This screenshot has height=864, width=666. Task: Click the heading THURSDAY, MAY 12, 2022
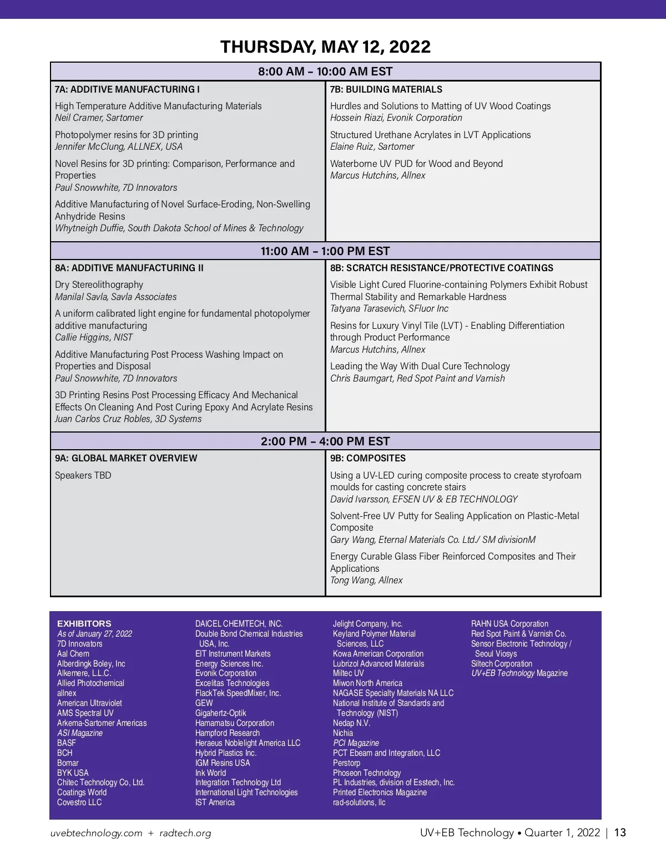coord(325,47)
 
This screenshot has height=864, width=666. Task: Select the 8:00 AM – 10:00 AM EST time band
coord(325,72)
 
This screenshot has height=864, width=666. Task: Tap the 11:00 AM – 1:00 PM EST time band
coord(325,251)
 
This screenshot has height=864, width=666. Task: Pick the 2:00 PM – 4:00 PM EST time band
coord(325,441)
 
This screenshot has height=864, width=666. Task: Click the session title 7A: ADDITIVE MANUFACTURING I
coord(127,89)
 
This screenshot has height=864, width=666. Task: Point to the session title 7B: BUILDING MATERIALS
coord(386,89)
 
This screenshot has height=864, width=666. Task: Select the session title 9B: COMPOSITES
coord(368,458)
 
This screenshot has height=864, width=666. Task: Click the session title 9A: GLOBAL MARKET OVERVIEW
coord(126,458)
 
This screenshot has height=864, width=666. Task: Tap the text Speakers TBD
coord(83,475)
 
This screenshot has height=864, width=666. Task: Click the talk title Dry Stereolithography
coord(99,284)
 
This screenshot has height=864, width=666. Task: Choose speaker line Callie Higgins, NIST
coord(94,337)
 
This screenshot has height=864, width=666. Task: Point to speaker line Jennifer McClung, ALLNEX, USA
coord(119,146)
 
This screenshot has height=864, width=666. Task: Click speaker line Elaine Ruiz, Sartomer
coord(372,146)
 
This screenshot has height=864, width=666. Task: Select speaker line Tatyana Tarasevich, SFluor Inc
coord(389,308)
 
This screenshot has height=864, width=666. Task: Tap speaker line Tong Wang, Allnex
coord(366,580)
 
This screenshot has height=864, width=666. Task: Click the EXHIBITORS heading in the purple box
coord(84,623)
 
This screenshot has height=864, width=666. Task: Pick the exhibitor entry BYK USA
coord(73,772)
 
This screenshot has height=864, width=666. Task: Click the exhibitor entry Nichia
coord(343,733)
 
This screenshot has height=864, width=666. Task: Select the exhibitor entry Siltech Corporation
coord(502,663)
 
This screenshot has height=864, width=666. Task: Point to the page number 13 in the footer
coord(620,832)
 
